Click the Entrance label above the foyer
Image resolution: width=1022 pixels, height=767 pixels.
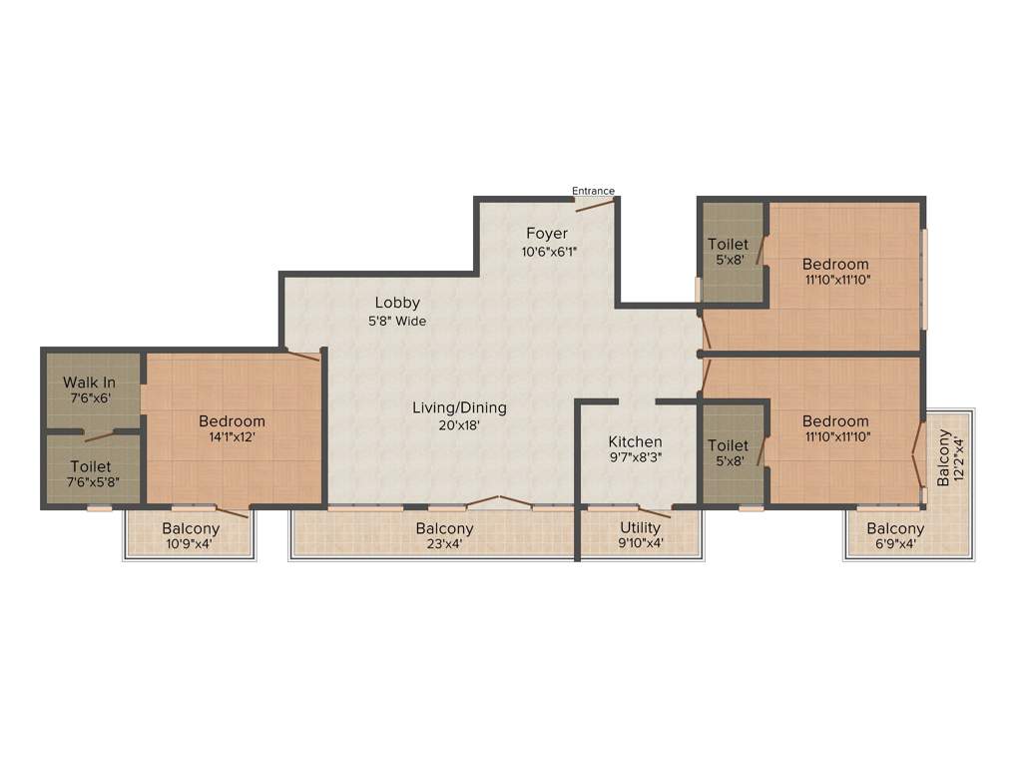click(x=593, y=191)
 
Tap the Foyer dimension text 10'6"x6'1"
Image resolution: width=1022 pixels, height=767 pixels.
click(x=547, y=252)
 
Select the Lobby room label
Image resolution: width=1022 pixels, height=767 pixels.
click(x=397, y=303)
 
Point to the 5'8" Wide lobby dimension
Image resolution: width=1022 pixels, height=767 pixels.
click(x=397, y=322)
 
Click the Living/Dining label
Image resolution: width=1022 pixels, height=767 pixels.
click(x=460, y=407)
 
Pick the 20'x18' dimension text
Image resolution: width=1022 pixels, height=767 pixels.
click(x=460, y=425)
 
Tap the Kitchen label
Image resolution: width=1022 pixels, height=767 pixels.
click(x=636, y=441)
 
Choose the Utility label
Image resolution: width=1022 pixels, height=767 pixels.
click(x=640, y=527)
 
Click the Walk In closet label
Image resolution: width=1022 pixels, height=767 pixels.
click(x=89, y=382)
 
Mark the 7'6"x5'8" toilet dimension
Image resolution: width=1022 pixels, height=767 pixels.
click(x=91, y=484)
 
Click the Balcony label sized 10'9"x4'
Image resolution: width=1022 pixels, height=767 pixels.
click(x=191, y=528)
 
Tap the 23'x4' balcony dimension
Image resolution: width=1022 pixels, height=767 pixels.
click(x=445, y=545)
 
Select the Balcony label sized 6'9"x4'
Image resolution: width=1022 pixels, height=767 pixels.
click(x=895, y=528)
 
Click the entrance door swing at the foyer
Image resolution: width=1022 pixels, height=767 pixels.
click(x=595, y=206)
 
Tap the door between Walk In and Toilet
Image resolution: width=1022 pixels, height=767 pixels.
click(x=100, y=435)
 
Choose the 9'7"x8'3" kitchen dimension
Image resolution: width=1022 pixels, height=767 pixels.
click(x=636, y=459)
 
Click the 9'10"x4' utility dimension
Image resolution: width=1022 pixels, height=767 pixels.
click(x=640, y=545)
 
